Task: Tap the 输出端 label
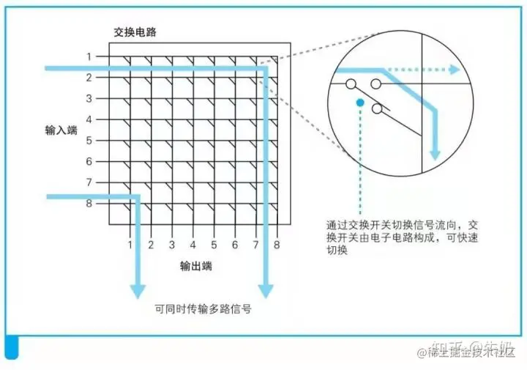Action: pos(196,267)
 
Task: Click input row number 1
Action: pos(89,56)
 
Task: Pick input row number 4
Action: pos(89,119)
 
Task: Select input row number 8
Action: pos(89,204)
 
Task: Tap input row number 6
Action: pos(89,161)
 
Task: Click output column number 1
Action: pos(130,245)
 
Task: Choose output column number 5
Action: pos(214,245)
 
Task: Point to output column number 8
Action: pos(277,245)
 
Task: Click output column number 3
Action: pos(171,245)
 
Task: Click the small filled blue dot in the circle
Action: pos(359,103)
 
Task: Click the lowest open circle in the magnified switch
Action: pos(377,109)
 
